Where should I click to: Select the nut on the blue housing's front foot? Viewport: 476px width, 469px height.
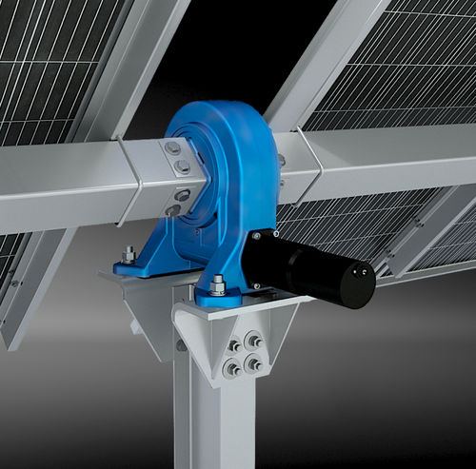218,283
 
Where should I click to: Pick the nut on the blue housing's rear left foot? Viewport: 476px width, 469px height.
129,254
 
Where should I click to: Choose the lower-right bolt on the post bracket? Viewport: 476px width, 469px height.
252,362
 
